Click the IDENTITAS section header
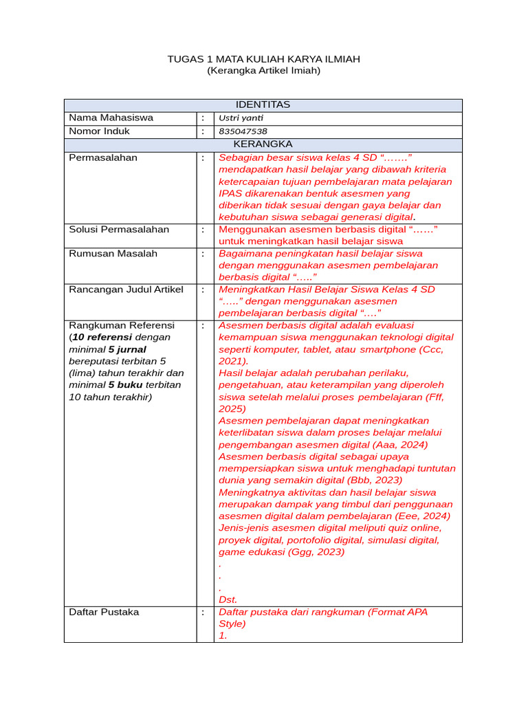(x=263, y=104)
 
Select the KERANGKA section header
(x=263, y=144)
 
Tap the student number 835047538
(x=243, y=131)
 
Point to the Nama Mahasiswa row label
(x=111, y=118)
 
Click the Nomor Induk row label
(x=99, y=131)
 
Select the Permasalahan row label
(x=103, y=157)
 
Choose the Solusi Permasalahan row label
(x=118, y=229)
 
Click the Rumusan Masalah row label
(x=113, y=253)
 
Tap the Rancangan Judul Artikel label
(x=126, y=289)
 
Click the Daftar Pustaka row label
(x=104, y=612)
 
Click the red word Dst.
(x=228, y=599)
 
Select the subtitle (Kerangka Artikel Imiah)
(x=263, y=70)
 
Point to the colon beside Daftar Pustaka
(x=203, y=612)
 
